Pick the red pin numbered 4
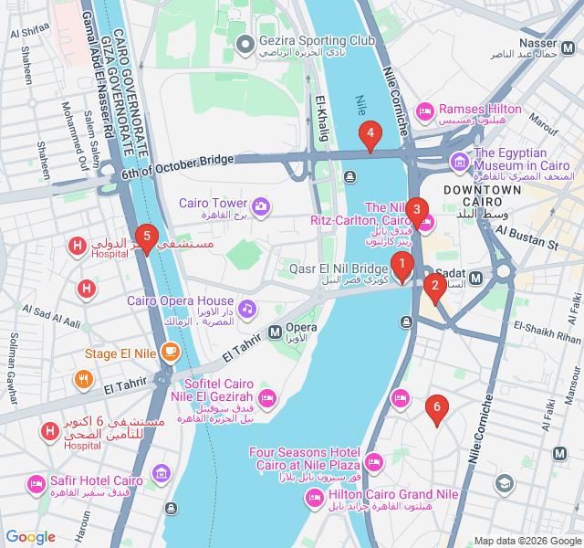(370, 136)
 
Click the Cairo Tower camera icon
(261, 206)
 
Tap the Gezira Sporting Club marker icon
(244, 44)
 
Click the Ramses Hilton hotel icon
(424, 111)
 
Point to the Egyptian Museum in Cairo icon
(458, 162)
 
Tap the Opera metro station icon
(275, 331)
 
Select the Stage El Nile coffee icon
(170, 352)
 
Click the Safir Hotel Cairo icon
(36, 482)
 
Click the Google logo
(31, 537)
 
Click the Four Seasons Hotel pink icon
(373, 461)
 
